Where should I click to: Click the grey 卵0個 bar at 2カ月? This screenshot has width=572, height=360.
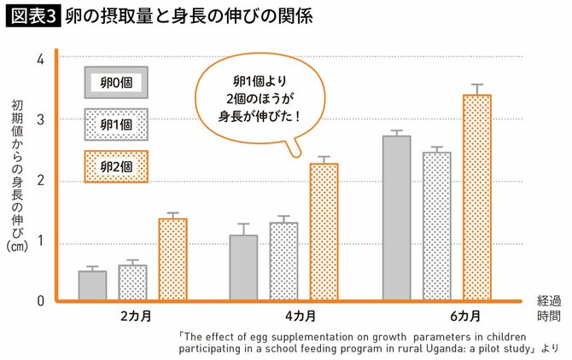(92, 286)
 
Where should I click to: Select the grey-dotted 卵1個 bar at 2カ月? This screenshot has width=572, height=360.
(132, 282)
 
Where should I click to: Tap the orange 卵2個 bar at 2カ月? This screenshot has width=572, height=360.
(172, 259)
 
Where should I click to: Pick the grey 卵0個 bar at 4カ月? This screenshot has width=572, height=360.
(243, 268)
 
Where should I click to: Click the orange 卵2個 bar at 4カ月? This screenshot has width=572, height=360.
(324, 231)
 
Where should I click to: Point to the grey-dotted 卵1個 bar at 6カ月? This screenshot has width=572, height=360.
(436, 226)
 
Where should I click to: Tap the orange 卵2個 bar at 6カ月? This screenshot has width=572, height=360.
(476, 197)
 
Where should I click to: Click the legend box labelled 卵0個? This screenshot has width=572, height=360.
(116, 83)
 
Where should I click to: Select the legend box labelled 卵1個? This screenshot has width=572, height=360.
(116, 125)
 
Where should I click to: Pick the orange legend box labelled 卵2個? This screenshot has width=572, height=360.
(116, 166)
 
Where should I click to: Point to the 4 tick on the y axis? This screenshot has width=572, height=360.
(40, 60)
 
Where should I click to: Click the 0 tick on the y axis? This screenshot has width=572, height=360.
(40, 300)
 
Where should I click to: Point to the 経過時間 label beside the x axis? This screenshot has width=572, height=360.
(549, 308)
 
